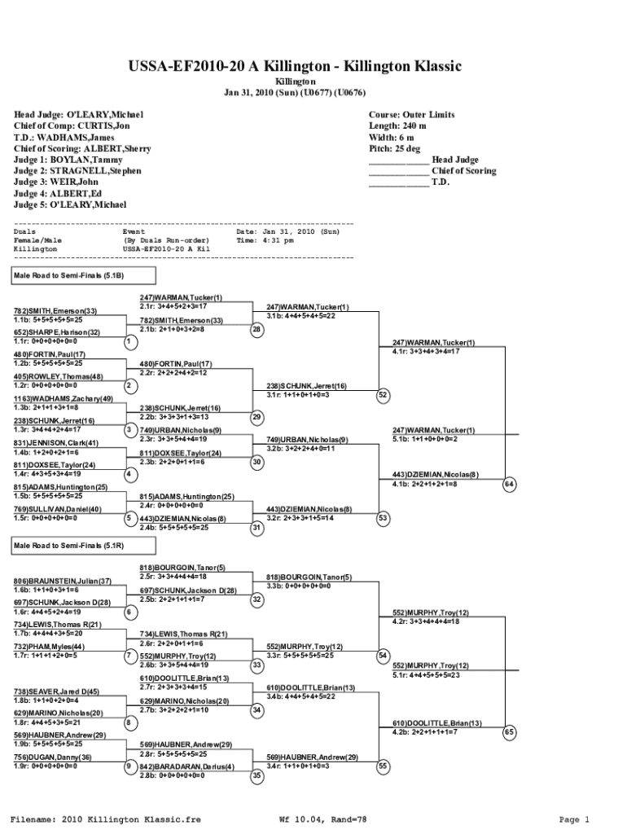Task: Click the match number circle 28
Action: click(x=256, y=330)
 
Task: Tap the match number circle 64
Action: click(x=510, y=485)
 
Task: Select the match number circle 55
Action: click(x=383, y=766)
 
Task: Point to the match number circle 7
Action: click(x=129, y=656)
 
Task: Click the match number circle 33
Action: click(x=256, y=665)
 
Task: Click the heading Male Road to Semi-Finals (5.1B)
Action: click(x=68, y=275)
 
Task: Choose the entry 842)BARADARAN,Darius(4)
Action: click(x=187, y=766)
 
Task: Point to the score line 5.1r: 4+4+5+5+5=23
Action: click(x=426, y=674)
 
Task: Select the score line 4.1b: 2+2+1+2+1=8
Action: click(x=424, y=484)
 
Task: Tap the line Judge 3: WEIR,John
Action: click(x=56, y=182)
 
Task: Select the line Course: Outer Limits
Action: click(x=411, y=115)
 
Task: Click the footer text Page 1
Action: click(x=573, y=819)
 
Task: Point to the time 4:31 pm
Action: click(x=278, y=240)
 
